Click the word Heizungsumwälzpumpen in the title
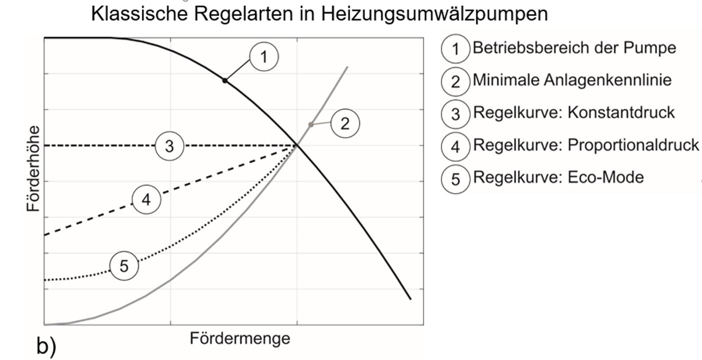434,15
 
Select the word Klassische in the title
139,14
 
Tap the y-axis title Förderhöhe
33,169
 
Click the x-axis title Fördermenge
240,339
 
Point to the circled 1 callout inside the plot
264,57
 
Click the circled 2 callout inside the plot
345,124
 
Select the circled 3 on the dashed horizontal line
170,146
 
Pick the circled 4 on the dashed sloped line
146,200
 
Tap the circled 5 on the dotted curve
124,266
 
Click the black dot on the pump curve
225,81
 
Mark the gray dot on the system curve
311,125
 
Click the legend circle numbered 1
456,49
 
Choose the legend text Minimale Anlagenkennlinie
572,80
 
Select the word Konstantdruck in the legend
621,112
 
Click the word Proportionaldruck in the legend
634,146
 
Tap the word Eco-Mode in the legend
606,177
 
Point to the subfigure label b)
46,346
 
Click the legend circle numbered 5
456,179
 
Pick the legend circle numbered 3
456,114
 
